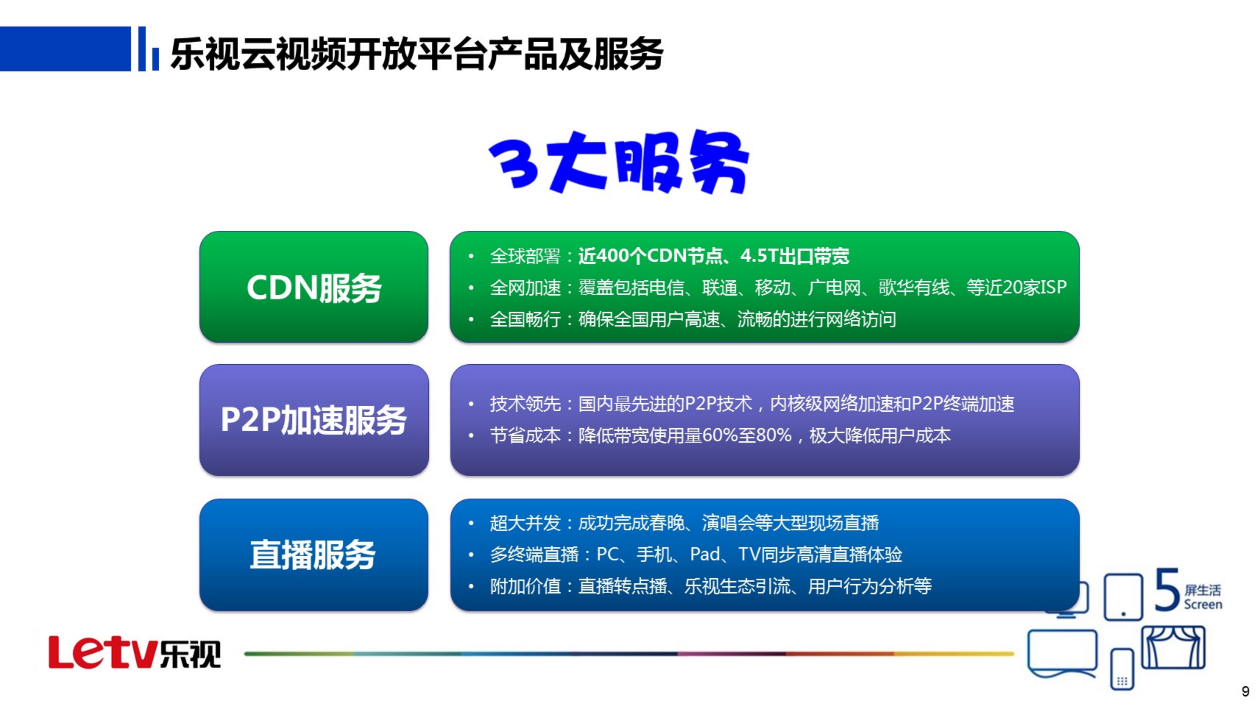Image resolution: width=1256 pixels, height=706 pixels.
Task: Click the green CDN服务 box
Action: (314, 287)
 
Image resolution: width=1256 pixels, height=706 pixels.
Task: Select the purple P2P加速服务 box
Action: (314, 420)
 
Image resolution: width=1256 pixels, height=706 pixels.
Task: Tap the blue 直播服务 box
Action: (314, 555)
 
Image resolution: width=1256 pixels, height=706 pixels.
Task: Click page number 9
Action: (1245, 691)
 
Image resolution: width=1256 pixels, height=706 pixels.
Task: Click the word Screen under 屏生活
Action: (1203, 604)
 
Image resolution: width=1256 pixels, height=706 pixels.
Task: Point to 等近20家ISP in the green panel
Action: (1016, 287)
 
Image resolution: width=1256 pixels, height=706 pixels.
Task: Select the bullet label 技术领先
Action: (525, 404)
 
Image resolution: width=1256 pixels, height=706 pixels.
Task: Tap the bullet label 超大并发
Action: (525, 523)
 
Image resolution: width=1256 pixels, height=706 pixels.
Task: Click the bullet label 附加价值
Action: (525, 586)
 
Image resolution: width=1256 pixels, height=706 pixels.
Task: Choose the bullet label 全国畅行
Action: (525, 319)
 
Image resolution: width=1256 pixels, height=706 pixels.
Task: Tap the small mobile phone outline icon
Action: (1122, 669)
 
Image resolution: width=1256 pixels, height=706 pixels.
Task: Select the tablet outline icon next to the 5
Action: (1123, 597)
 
